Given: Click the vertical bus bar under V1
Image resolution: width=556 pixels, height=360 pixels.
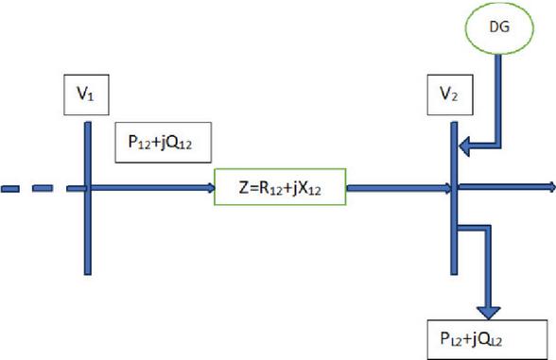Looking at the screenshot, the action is tap(88, 198).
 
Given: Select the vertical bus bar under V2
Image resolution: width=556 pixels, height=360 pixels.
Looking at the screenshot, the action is tap(454, 198).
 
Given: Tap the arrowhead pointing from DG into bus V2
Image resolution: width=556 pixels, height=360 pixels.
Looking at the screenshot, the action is tap(464, 146).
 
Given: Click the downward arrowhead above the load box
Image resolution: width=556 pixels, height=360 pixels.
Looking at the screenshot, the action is tap(489, 313).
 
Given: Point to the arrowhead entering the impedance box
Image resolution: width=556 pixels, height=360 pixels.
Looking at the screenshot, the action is tap(212, 188).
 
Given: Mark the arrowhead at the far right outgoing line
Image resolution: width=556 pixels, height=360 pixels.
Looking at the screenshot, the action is tap(552, 187).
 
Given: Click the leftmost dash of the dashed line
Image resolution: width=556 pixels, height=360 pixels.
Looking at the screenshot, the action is tap(9, 188).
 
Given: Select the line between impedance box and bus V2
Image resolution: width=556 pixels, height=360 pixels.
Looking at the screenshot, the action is tap(399, 188).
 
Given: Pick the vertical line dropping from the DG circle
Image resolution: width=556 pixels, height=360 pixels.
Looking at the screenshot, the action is tap(497, 100).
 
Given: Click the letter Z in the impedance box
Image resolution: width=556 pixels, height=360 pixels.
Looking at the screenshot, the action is tap(244, 188).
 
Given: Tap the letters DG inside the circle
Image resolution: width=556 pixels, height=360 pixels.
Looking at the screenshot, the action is tap(499, 26).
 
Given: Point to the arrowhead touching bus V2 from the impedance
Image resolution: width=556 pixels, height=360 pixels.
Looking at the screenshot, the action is tap(448, 188).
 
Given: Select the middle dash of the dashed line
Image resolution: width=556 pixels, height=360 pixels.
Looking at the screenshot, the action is tap(43, 188).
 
